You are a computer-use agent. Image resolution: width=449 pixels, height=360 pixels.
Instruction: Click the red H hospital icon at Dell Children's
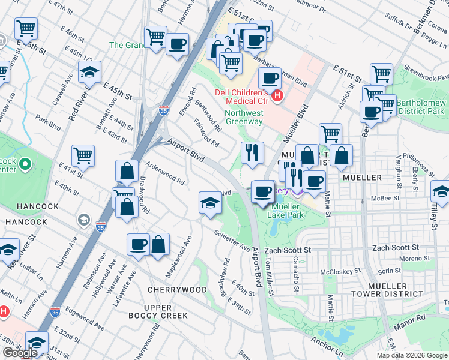[277, 95]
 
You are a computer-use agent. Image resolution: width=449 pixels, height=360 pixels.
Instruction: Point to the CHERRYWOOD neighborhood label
[177, 290]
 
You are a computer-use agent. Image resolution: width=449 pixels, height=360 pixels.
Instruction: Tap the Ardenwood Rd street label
[164, 173]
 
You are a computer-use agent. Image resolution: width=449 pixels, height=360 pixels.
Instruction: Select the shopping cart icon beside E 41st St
[83, 155]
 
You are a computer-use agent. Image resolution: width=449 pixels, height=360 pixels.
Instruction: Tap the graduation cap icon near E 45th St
[89, 73]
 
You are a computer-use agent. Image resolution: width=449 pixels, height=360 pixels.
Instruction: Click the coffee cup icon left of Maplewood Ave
[138, 244]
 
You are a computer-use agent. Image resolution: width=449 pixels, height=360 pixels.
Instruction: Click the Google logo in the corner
[20, 352]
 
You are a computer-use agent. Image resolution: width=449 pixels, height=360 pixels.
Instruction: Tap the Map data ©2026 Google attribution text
[411, 355]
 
